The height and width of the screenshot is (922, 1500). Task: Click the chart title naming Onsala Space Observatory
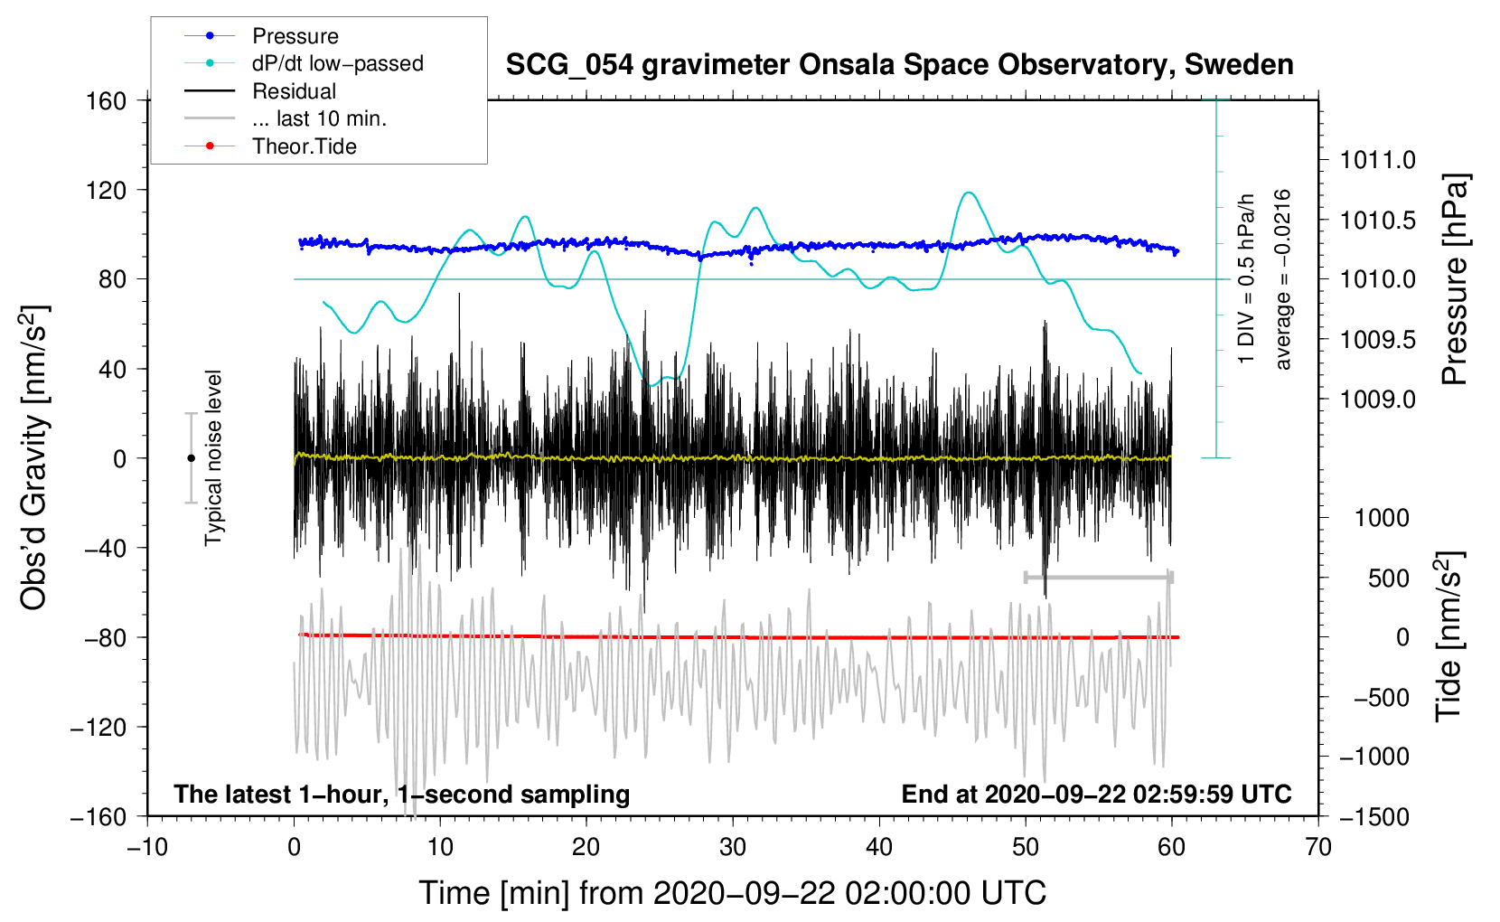899,65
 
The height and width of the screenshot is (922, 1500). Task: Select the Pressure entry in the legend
295,36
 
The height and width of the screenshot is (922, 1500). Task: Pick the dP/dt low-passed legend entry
337,63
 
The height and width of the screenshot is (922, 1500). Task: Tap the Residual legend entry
294,91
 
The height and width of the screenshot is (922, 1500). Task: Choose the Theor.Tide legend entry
304,146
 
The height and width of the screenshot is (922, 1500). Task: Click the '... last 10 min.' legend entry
319,118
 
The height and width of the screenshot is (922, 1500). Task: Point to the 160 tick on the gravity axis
107,100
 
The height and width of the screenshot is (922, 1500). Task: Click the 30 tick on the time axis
733,847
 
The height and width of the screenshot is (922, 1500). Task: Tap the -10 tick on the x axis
147,847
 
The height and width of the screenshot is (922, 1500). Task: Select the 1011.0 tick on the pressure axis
1377,161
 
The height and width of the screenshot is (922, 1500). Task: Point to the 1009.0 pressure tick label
1377,400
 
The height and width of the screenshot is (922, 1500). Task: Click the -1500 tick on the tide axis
1374,816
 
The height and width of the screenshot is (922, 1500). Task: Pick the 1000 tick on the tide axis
1382,518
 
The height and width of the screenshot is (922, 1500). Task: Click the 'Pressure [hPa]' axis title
1455,279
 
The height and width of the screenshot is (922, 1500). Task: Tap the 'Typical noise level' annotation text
213,457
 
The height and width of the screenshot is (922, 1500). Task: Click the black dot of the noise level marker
191,458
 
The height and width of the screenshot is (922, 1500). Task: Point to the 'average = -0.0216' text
1283,279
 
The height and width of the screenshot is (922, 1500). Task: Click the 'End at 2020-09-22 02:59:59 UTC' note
1096,794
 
